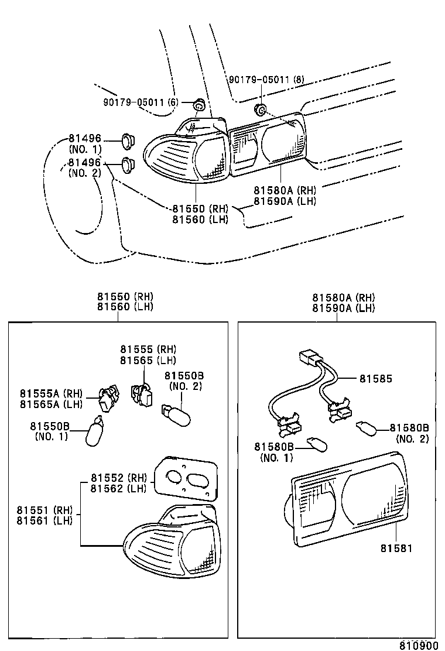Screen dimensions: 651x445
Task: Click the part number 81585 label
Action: (x=375, y=379)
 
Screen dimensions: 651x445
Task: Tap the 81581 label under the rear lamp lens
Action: (x=396, y=549)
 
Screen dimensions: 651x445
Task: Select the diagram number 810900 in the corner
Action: (x=419, y=645)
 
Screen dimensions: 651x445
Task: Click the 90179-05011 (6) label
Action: (x=141, y=102)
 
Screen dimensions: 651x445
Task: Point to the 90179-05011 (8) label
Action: (x=266, y=80)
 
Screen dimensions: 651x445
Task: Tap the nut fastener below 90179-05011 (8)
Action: (x=261, y=109)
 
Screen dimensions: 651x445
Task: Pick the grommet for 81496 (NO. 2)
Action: (x=129, y=166)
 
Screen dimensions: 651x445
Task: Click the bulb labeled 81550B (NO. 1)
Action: (x=95, y=432)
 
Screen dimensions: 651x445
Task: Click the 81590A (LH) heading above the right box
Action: (x=343, y=308)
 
